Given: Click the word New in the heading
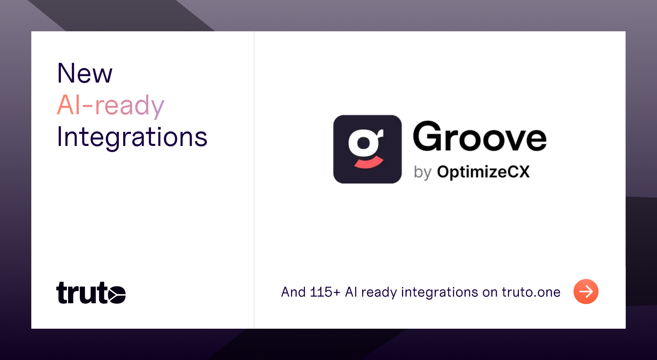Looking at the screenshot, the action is click(85, 73).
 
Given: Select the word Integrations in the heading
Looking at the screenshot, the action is click(132, 138).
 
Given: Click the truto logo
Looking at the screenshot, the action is click(91, 293).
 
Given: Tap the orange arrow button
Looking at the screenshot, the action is click(586, 292).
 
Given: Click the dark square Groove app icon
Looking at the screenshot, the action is click(367, 149).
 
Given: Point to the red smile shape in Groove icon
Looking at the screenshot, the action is click(369, 163).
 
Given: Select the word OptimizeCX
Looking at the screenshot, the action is click(483, 172).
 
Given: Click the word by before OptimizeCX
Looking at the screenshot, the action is click(423, 172).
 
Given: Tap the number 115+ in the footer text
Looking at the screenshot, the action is click(325, 292).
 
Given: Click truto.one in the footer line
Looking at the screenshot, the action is click(531, 292).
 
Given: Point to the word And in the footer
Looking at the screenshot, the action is click(293, 292).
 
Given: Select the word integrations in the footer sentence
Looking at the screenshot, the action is click(440, 293).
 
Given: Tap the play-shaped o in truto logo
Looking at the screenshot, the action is click(117, 294).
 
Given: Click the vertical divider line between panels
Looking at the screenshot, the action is click(254, 180).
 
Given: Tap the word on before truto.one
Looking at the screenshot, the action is click(490, 293).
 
